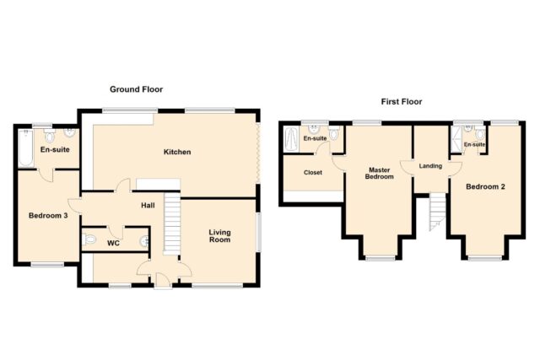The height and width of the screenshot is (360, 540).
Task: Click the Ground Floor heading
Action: point(137,89)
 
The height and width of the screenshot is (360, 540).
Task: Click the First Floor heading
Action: point(402,102)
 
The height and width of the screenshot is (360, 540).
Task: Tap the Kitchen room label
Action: point(177,152)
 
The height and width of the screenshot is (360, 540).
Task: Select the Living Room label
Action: point(219,236)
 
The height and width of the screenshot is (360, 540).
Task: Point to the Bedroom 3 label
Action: point(48,216)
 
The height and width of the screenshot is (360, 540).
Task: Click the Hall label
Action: point(148,206)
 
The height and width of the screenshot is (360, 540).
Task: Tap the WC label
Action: point(113,244)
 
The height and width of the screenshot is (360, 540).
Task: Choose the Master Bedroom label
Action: point(379,173)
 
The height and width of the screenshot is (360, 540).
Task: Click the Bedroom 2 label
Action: point(485,187)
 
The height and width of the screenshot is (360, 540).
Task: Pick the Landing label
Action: point(430,166)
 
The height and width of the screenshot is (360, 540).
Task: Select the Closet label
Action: point(313,173)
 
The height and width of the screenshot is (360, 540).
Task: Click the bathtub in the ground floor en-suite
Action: point(25,148)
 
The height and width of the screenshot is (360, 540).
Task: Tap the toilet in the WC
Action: point(89,239)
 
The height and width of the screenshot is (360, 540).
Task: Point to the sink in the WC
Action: point(145,241)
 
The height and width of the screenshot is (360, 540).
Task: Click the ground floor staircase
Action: point(172,223)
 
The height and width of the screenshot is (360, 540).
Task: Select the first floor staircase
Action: point(438,212)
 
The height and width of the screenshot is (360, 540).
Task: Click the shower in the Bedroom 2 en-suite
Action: point(456,139)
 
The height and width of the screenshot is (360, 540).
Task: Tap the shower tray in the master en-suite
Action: point(291,139)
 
